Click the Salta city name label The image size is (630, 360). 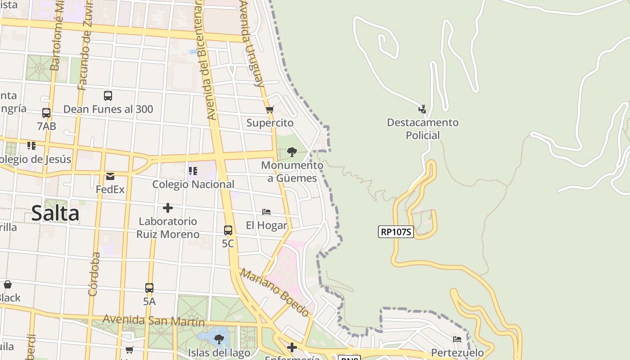click(x=55, y=213)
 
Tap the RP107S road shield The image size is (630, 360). click(x=396, y=232)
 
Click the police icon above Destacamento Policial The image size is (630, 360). click(x=422, y=109)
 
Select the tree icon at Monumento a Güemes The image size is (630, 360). click(x=292, y=152)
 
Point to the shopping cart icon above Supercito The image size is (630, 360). click(x=270, y=109)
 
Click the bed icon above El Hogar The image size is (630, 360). click(x=266, y=211)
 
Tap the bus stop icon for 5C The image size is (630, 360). click(x=228, y=230)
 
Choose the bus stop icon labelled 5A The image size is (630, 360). click(x=149, y=288)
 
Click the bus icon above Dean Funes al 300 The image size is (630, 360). click(x=108, y=95)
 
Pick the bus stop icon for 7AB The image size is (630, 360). click(x=46, y=113)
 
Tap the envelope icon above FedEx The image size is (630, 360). click(x=110, y=176)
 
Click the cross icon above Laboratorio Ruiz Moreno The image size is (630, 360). click(x=168, y=208)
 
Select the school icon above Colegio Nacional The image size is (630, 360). click(x=193, y=171)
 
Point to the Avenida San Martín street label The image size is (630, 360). click(x=153, y=321)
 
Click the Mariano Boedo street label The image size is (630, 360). click(x=275, y=292)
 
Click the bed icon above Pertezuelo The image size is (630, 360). click(x=457, y=339)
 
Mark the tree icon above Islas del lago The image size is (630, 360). click(x=219, y=339)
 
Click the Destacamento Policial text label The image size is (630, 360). click(x=423, y=129)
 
